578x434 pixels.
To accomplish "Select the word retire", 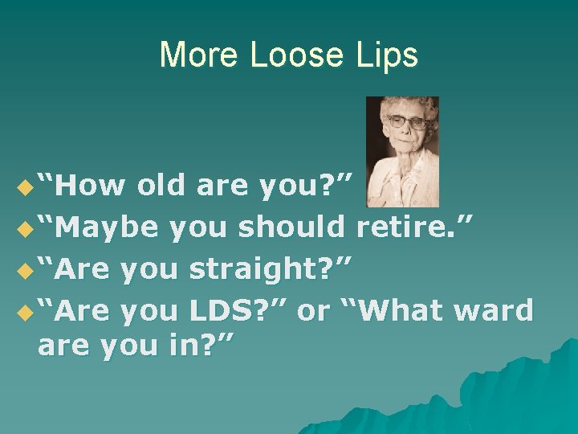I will tap(416, 228).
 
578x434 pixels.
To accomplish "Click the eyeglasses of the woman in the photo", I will tap(407, 123).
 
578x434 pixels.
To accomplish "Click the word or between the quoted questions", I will tap(312, 310).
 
